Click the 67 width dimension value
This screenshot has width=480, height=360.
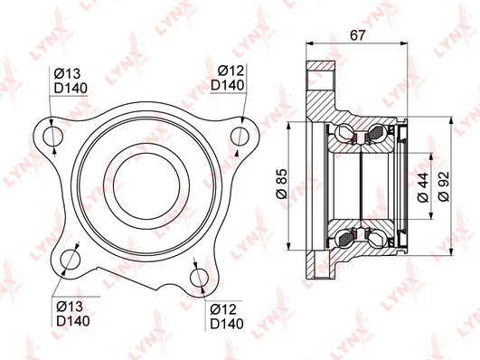358,35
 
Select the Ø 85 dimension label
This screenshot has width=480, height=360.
282,184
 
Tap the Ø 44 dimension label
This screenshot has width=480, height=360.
423,187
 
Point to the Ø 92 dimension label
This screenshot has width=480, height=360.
444,186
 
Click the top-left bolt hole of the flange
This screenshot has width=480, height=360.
52,136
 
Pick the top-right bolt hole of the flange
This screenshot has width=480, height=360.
240,136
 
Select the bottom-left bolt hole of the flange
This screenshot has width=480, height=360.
71,260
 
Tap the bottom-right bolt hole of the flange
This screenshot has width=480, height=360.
199,279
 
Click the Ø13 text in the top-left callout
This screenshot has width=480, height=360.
67,73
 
